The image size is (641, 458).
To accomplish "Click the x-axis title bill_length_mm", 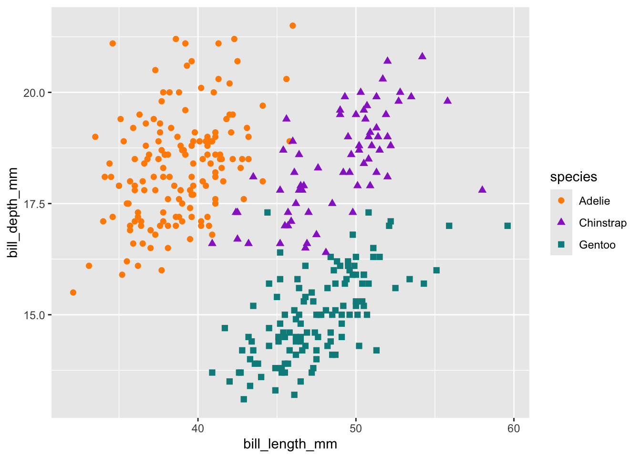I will point(290,444).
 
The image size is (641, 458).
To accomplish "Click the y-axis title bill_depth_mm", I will point(13,213).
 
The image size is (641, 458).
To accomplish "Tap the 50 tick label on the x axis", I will point(356,428).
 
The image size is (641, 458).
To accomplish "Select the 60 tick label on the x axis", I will point(514,428).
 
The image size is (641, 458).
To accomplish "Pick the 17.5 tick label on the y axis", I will point(34,204).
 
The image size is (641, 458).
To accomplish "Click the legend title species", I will point(573,177).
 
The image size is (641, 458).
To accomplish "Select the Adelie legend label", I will point(594,201).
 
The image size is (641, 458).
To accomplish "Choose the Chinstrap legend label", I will point(602,223).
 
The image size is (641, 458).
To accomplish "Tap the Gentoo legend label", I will point(597,245).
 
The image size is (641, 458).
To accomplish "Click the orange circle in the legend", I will point(561,201).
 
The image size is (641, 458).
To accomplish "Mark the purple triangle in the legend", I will point(561,222).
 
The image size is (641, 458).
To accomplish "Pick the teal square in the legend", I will point(561,245).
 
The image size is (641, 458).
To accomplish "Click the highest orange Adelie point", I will point(293,26).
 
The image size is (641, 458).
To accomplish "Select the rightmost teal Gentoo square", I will point(507,226).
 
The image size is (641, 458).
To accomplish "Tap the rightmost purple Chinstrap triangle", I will point(482,189).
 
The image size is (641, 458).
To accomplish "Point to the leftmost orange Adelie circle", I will point(73,292).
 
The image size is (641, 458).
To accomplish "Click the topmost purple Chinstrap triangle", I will point(422,56).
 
